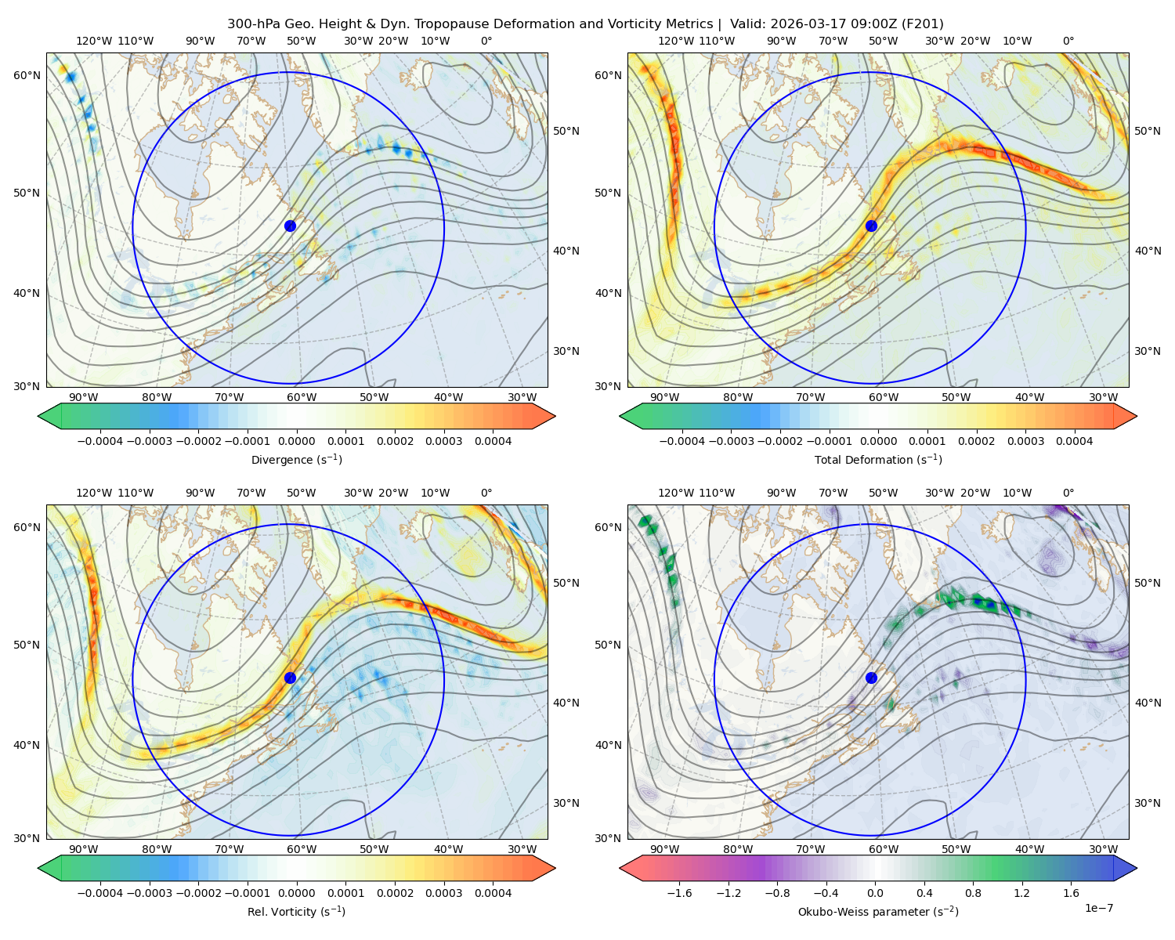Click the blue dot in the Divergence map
[290, 226]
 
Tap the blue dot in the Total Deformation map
[871, 226]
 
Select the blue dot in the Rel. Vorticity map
[290, 678]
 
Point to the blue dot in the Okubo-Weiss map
[871, 678]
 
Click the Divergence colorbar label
[296, 459]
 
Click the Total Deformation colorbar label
[878, 459]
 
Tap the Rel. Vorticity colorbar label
[296, 911]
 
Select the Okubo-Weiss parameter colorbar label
[878, 911]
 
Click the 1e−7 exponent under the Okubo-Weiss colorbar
[1098, 908]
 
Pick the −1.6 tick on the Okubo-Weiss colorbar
[679, 892]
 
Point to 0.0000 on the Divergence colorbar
[296, 441]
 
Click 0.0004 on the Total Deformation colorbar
[1074, 441]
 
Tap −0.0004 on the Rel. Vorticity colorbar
[100, 892]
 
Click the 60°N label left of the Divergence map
[27, 75]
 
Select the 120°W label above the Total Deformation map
[675, 41]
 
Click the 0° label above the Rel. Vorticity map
[486, 492]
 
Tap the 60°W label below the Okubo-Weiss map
[883, 849]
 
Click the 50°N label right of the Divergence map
[566, 131]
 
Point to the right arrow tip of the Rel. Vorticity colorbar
[555, 868]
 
